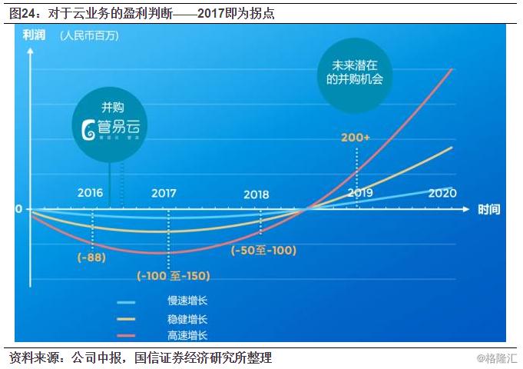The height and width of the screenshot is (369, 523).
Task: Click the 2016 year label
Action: tap(91, 193)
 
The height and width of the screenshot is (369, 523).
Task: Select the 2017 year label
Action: tap(164, 193)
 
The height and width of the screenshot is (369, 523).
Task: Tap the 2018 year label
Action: tap(257, 194)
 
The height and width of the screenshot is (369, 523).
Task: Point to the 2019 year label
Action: tap(360, 192)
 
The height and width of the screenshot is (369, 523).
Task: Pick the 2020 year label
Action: tap(442, 192)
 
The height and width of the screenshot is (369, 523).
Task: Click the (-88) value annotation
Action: tap(91, 258)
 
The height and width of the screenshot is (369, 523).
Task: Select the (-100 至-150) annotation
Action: tap(173, 275)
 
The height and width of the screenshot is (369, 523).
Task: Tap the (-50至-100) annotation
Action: tap(263, 250)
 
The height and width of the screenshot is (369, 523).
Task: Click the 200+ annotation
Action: tap(356, 138)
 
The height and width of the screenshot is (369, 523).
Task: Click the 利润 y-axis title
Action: tap(33, 35)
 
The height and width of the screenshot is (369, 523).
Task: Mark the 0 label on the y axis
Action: tap(18, 208)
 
